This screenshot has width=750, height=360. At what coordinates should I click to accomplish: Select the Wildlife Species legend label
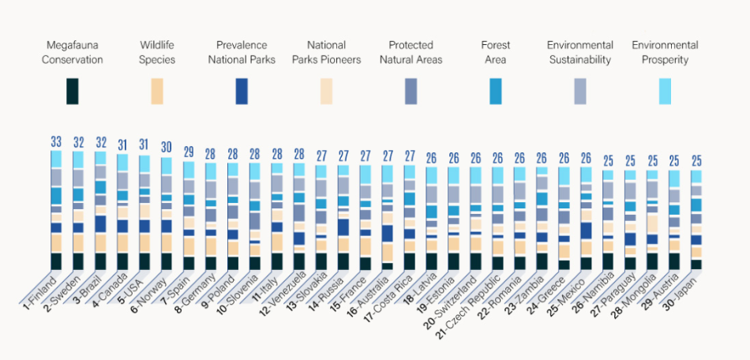(158, 52)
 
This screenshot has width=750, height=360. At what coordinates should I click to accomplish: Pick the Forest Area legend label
(495, 52)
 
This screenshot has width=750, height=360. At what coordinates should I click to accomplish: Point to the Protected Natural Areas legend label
(411, 52)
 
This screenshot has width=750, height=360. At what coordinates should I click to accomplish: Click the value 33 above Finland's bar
(56, 142)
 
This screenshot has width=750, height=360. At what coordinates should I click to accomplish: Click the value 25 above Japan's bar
(696, 161)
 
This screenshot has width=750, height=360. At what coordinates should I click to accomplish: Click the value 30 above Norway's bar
(167, 148)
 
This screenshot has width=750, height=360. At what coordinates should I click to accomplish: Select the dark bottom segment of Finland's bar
(56, 261)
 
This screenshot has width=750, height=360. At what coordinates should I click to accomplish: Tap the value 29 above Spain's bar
(189, 152)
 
